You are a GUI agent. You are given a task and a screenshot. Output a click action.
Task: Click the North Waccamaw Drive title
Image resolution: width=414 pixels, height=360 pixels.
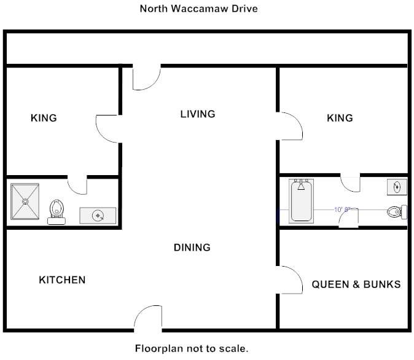198,9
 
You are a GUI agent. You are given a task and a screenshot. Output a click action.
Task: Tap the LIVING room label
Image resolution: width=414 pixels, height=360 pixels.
198,114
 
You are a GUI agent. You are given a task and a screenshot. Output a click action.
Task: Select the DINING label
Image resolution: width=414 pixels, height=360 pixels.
192,248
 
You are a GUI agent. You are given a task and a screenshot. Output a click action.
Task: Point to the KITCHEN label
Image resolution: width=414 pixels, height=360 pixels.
62,280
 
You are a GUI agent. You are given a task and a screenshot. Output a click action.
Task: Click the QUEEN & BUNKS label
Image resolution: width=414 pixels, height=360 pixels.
356,284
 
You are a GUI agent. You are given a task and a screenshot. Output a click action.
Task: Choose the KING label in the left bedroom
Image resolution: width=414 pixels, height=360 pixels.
44,118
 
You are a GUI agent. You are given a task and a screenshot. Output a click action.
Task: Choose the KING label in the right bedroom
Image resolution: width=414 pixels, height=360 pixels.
340,118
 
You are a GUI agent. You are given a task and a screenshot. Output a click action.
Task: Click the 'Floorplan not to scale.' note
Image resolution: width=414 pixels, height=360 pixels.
192,348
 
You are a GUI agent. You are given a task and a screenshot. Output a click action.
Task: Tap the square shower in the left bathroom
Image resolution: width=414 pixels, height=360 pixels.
25,202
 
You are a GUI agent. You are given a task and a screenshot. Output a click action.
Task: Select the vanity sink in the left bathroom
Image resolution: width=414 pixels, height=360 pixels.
98,216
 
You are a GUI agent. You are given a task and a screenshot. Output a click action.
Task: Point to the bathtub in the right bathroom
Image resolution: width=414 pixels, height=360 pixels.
301,201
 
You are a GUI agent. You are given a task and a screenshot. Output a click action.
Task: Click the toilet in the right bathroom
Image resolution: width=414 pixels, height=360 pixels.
397,212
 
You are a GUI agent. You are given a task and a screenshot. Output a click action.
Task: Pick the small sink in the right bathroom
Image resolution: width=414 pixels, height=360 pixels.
396,187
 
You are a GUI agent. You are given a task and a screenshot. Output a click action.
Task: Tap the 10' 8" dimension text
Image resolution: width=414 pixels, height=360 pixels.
342,209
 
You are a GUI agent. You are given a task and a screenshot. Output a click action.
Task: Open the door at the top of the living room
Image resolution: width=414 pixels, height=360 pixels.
146,76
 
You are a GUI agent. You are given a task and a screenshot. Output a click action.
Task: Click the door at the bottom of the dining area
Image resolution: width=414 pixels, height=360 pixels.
148,318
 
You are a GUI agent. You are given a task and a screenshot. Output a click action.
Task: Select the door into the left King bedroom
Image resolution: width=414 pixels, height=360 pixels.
107,128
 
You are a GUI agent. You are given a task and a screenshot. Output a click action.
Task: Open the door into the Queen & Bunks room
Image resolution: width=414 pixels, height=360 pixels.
291,280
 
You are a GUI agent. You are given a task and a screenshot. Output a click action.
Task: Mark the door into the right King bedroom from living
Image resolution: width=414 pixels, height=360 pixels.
291,127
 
